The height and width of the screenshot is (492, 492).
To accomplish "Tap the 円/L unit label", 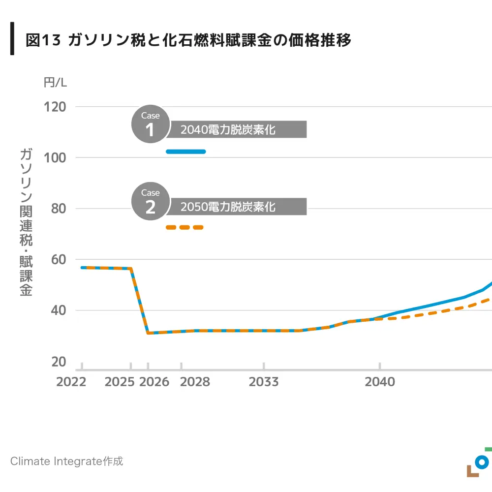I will coord(55,83).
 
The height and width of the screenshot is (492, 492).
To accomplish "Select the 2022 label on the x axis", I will coord(71,382).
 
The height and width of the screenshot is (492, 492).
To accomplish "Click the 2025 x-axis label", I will coord(120,382).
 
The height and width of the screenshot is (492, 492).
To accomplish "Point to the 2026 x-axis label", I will coord(154,382).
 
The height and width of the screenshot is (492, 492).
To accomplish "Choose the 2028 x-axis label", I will coord(195,382).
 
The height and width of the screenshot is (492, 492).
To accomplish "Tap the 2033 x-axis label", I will coord(264,382).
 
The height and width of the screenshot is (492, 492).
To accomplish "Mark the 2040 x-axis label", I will coord(380,382).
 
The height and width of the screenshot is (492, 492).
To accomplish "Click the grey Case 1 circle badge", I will coord(150,125).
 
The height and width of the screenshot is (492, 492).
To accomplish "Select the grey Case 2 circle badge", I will coord(150,202).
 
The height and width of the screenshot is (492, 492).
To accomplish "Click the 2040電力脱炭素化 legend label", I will coord(227,130).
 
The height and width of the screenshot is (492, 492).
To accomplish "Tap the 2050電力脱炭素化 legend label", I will coord(227,207).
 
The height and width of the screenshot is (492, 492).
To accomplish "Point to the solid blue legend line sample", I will coord(185,152).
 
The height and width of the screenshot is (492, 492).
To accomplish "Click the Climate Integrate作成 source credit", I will coord(66,461).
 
